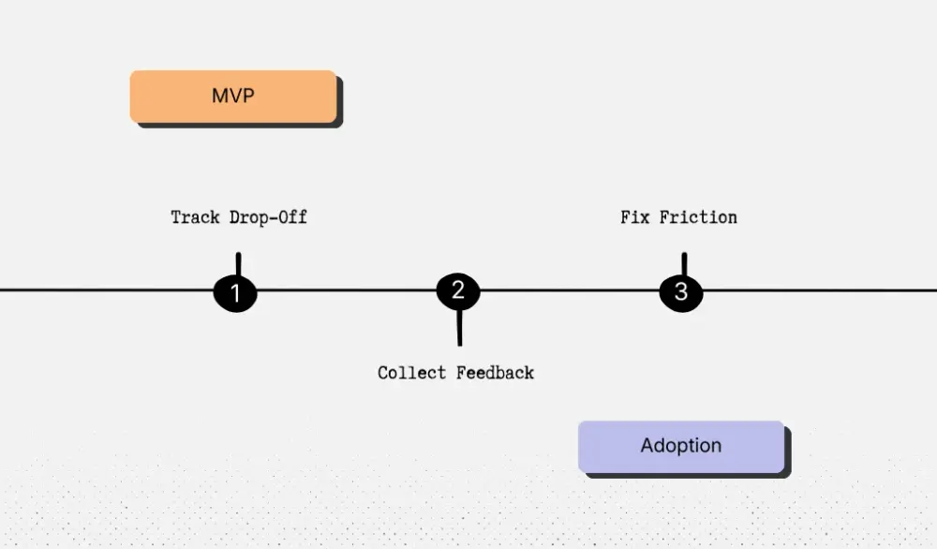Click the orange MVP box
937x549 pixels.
(x=233, y=96)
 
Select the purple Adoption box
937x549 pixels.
(x=681, y=447)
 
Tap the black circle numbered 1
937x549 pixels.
(x=235, y=293)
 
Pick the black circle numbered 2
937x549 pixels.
(x=458, y=291)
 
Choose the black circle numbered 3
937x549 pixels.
(x=681, y=292)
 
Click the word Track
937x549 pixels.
(x=196, y=217)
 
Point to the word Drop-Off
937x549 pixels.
(x=269, y=217)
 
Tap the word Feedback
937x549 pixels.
(x=495, y=373)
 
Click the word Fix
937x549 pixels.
(x=634, y=217)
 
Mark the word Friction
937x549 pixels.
(x=697, y=217)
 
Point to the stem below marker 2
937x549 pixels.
(x=459, y=328)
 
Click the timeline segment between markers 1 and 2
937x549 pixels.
(x=347, y=290)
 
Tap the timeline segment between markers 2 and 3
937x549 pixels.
(x=570, y=290)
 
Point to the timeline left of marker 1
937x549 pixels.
(x=103, y=290)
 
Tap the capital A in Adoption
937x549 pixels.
(x=647, y=446)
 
